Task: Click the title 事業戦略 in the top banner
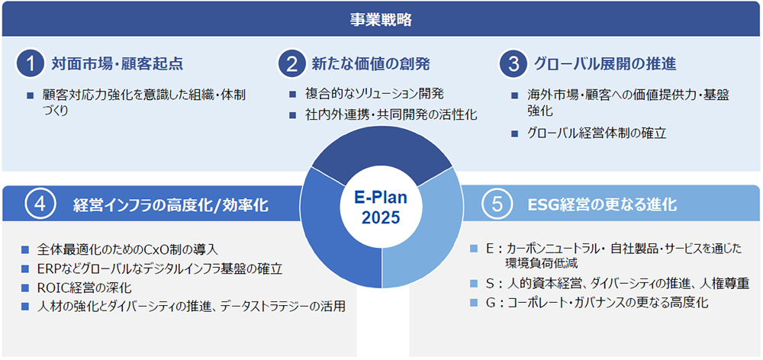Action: point(381,19)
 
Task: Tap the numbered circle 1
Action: point(31,64)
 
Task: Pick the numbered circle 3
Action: point(513,64)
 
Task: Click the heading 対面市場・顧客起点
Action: point(118,64)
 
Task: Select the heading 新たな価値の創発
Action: point(372,64)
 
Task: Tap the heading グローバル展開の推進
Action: point(605,64)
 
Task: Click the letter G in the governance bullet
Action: point(490,303)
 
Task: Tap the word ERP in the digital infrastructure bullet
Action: point(47,269)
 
